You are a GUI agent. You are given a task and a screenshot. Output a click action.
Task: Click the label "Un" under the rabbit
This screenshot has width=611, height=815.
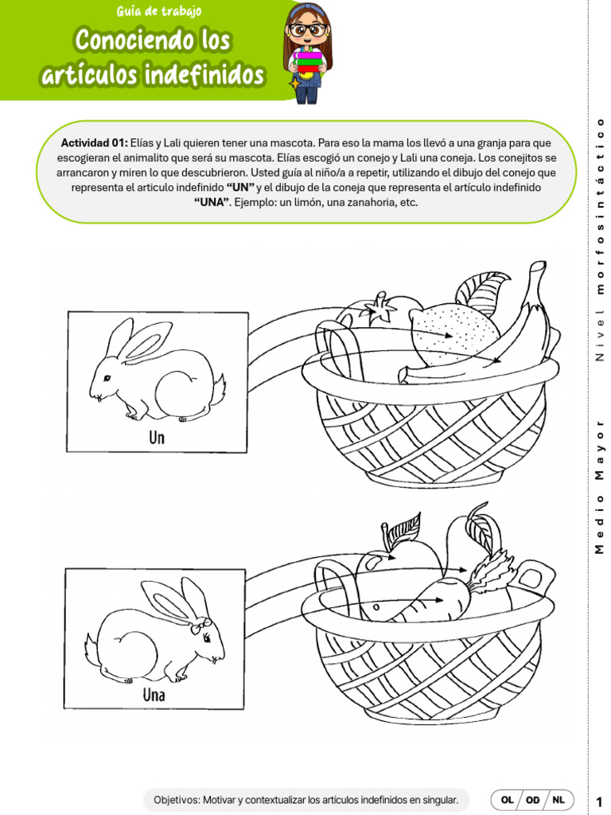click(157, 437)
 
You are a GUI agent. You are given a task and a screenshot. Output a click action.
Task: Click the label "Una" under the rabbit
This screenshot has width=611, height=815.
click(154, 695)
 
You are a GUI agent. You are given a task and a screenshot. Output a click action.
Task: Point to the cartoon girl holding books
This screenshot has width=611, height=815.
click(308, 51)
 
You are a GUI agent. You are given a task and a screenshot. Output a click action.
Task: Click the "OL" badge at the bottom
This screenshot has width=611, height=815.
click(507, 799)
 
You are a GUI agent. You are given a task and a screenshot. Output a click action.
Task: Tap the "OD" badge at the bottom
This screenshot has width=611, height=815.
click(533, 799)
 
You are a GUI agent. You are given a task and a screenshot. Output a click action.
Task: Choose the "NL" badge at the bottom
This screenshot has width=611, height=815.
click(560, 799)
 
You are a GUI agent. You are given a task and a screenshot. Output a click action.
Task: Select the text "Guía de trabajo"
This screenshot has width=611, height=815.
click(158, 11)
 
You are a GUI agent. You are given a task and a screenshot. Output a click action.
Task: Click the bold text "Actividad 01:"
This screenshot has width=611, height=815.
click(94, 142)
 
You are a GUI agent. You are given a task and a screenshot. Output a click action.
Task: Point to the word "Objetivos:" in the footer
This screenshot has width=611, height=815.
click(177, 799)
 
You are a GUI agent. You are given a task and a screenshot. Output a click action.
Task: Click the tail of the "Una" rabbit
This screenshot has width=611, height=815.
click(91, 645)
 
